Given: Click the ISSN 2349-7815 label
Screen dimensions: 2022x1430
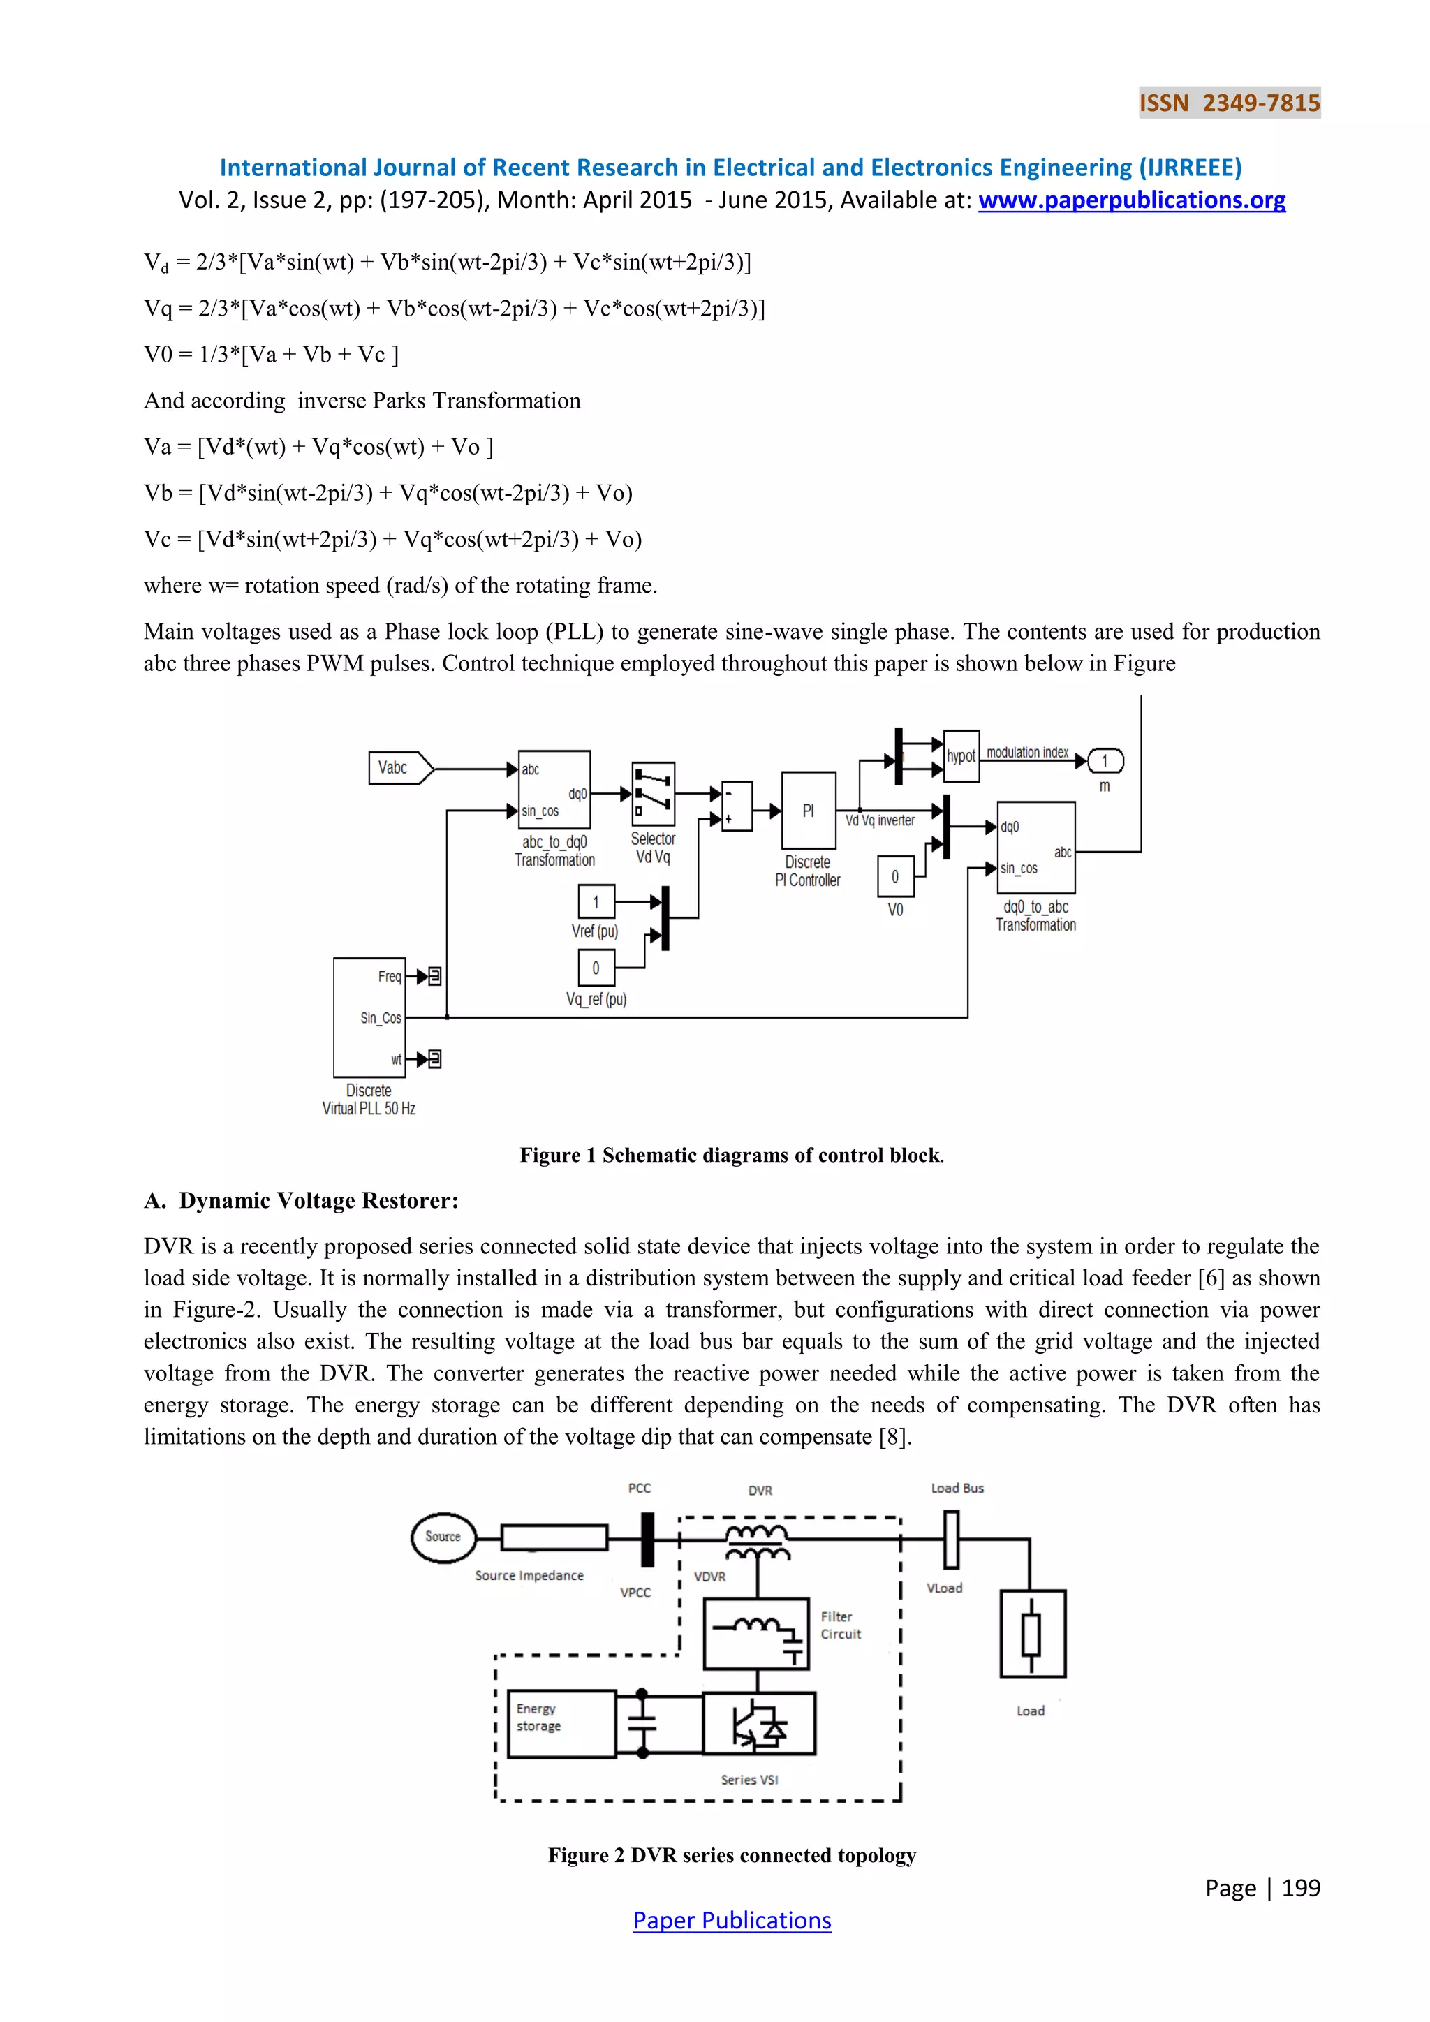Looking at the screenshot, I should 1229,103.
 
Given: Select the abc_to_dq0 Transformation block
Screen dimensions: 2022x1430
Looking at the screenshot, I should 554,789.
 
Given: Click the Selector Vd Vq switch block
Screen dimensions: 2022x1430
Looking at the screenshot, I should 654,793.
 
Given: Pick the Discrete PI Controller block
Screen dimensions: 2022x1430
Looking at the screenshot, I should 809,810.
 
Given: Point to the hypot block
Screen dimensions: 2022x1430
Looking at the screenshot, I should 961,756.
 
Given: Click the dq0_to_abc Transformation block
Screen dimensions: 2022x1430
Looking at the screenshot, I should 1035,847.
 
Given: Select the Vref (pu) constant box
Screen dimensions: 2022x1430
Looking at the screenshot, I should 596,902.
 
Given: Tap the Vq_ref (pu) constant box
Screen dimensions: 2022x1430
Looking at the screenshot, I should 596,968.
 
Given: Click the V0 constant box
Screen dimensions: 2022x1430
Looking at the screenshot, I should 896,876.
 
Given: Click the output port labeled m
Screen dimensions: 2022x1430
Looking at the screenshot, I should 1105,761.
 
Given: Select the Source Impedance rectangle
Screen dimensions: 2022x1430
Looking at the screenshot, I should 554,1537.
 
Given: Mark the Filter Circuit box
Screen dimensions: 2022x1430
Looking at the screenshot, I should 755,1634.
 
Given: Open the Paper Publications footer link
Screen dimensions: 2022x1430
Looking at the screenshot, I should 732,1921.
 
